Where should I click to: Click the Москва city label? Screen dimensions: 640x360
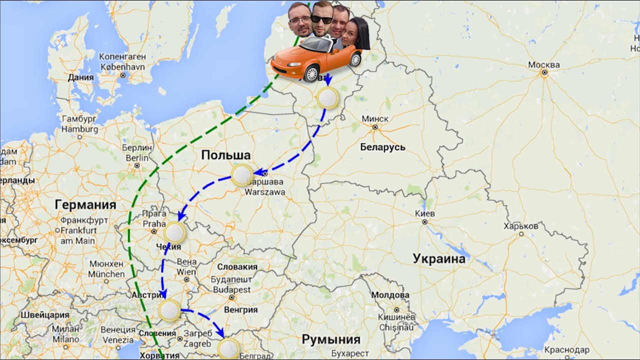(544, 65)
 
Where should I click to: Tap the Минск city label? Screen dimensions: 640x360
(374, 119)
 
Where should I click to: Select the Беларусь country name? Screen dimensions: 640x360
(382, 147)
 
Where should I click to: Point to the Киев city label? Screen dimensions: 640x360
(425, 213)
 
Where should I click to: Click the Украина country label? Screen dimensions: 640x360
(438, 258)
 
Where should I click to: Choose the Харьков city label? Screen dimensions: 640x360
(521, 226)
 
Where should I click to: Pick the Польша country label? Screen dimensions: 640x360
(225, 155)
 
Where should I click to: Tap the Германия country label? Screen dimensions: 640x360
(85, 204)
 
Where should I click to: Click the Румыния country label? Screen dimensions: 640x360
(330, 340)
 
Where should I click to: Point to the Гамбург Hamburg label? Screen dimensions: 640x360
(80, 124)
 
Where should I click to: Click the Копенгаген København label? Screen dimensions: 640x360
(122, 61)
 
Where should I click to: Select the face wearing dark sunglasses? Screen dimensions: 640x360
(321, 19)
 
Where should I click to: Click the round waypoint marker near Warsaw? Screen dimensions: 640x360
(242, 175)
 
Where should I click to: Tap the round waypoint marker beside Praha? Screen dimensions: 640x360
(175, 232)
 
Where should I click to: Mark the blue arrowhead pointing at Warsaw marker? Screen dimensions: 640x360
(258, 173)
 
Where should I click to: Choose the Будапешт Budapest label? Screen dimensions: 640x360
(231, 285)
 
